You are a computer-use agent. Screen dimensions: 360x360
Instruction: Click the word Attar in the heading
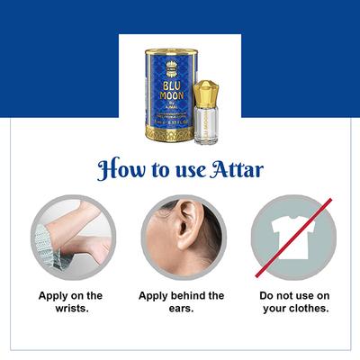pos(236,170)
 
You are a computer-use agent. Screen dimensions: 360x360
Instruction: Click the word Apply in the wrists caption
pos(52,295)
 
